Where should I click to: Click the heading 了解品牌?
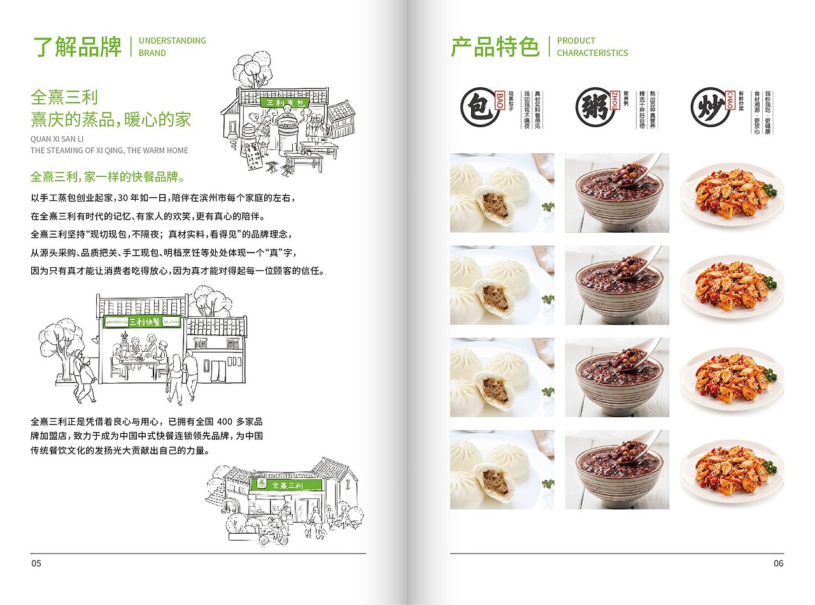(76, 47)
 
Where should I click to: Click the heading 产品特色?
(495, 47)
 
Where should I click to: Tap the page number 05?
(36, 563)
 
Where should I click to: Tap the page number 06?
(778, 563)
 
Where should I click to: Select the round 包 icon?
(478, 106)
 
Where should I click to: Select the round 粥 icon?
(593, 106)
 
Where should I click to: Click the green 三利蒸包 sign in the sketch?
(285, 102)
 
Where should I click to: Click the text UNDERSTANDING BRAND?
(172, 46)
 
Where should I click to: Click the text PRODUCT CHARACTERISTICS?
(592, 46)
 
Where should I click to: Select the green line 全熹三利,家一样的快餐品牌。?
(108, 176)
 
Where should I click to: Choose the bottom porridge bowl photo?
(616, 469)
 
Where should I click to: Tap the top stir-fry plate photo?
(732, 192)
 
